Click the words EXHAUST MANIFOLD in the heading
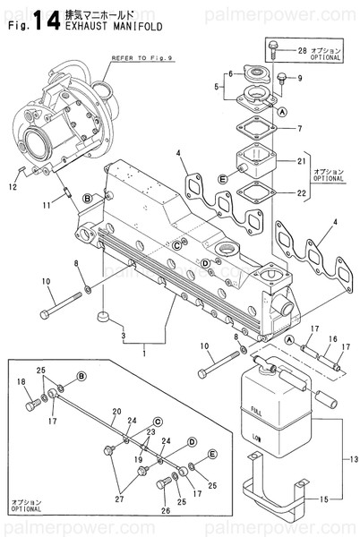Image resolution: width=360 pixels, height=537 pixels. (104, 27)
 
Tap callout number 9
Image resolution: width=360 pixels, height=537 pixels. (300, 78)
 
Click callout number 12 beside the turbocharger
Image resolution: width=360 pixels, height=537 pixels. (12, 186)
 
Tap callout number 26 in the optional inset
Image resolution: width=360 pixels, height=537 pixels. (165, 511)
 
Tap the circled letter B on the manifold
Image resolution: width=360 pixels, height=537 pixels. (87, 197)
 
